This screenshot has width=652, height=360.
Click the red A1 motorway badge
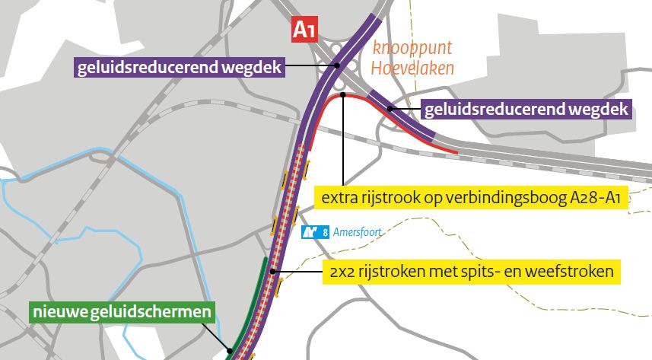click(304, 31)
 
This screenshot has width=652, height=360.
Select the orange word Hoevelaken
click(412, 68)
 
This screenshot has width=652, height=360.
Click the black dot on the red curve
click(344, 95)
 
